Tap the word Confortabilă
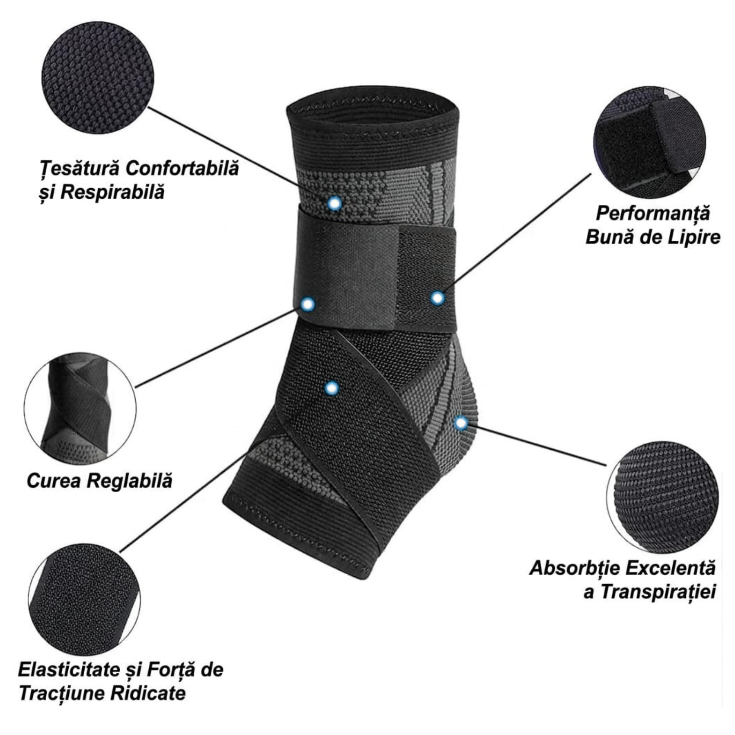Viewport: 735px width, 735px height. point(182,168)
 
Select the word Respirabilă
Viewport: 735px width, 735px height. point(112,192)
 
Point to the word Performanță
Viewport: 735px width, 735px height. point(653,213)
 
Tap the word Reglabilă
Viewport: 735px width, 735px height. point(129,481)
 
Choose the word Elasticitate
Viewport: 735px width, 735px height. point(69,670)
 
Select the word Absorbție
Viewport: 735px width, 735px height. point(572,568)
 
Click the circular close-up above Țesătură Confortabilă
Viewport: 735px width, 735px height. point(97,78)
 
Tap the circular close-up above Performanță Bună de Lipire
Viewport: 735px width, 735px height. point(649,142)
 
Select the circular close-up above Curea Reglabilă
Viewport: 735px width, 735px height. point(80,408)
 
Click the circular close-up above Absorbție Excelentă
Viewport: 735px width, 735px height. point(662,497)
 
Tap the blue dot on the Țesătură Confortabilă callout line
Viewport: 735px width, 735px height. point(334,203)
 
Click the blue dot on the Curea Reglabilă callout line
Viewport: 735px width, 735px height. point(308,304)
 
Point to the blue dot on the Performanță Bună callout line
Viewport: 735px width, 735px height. point(438,298)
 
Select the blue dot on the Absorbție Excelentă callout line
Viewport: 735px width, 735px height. point(461,423)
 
